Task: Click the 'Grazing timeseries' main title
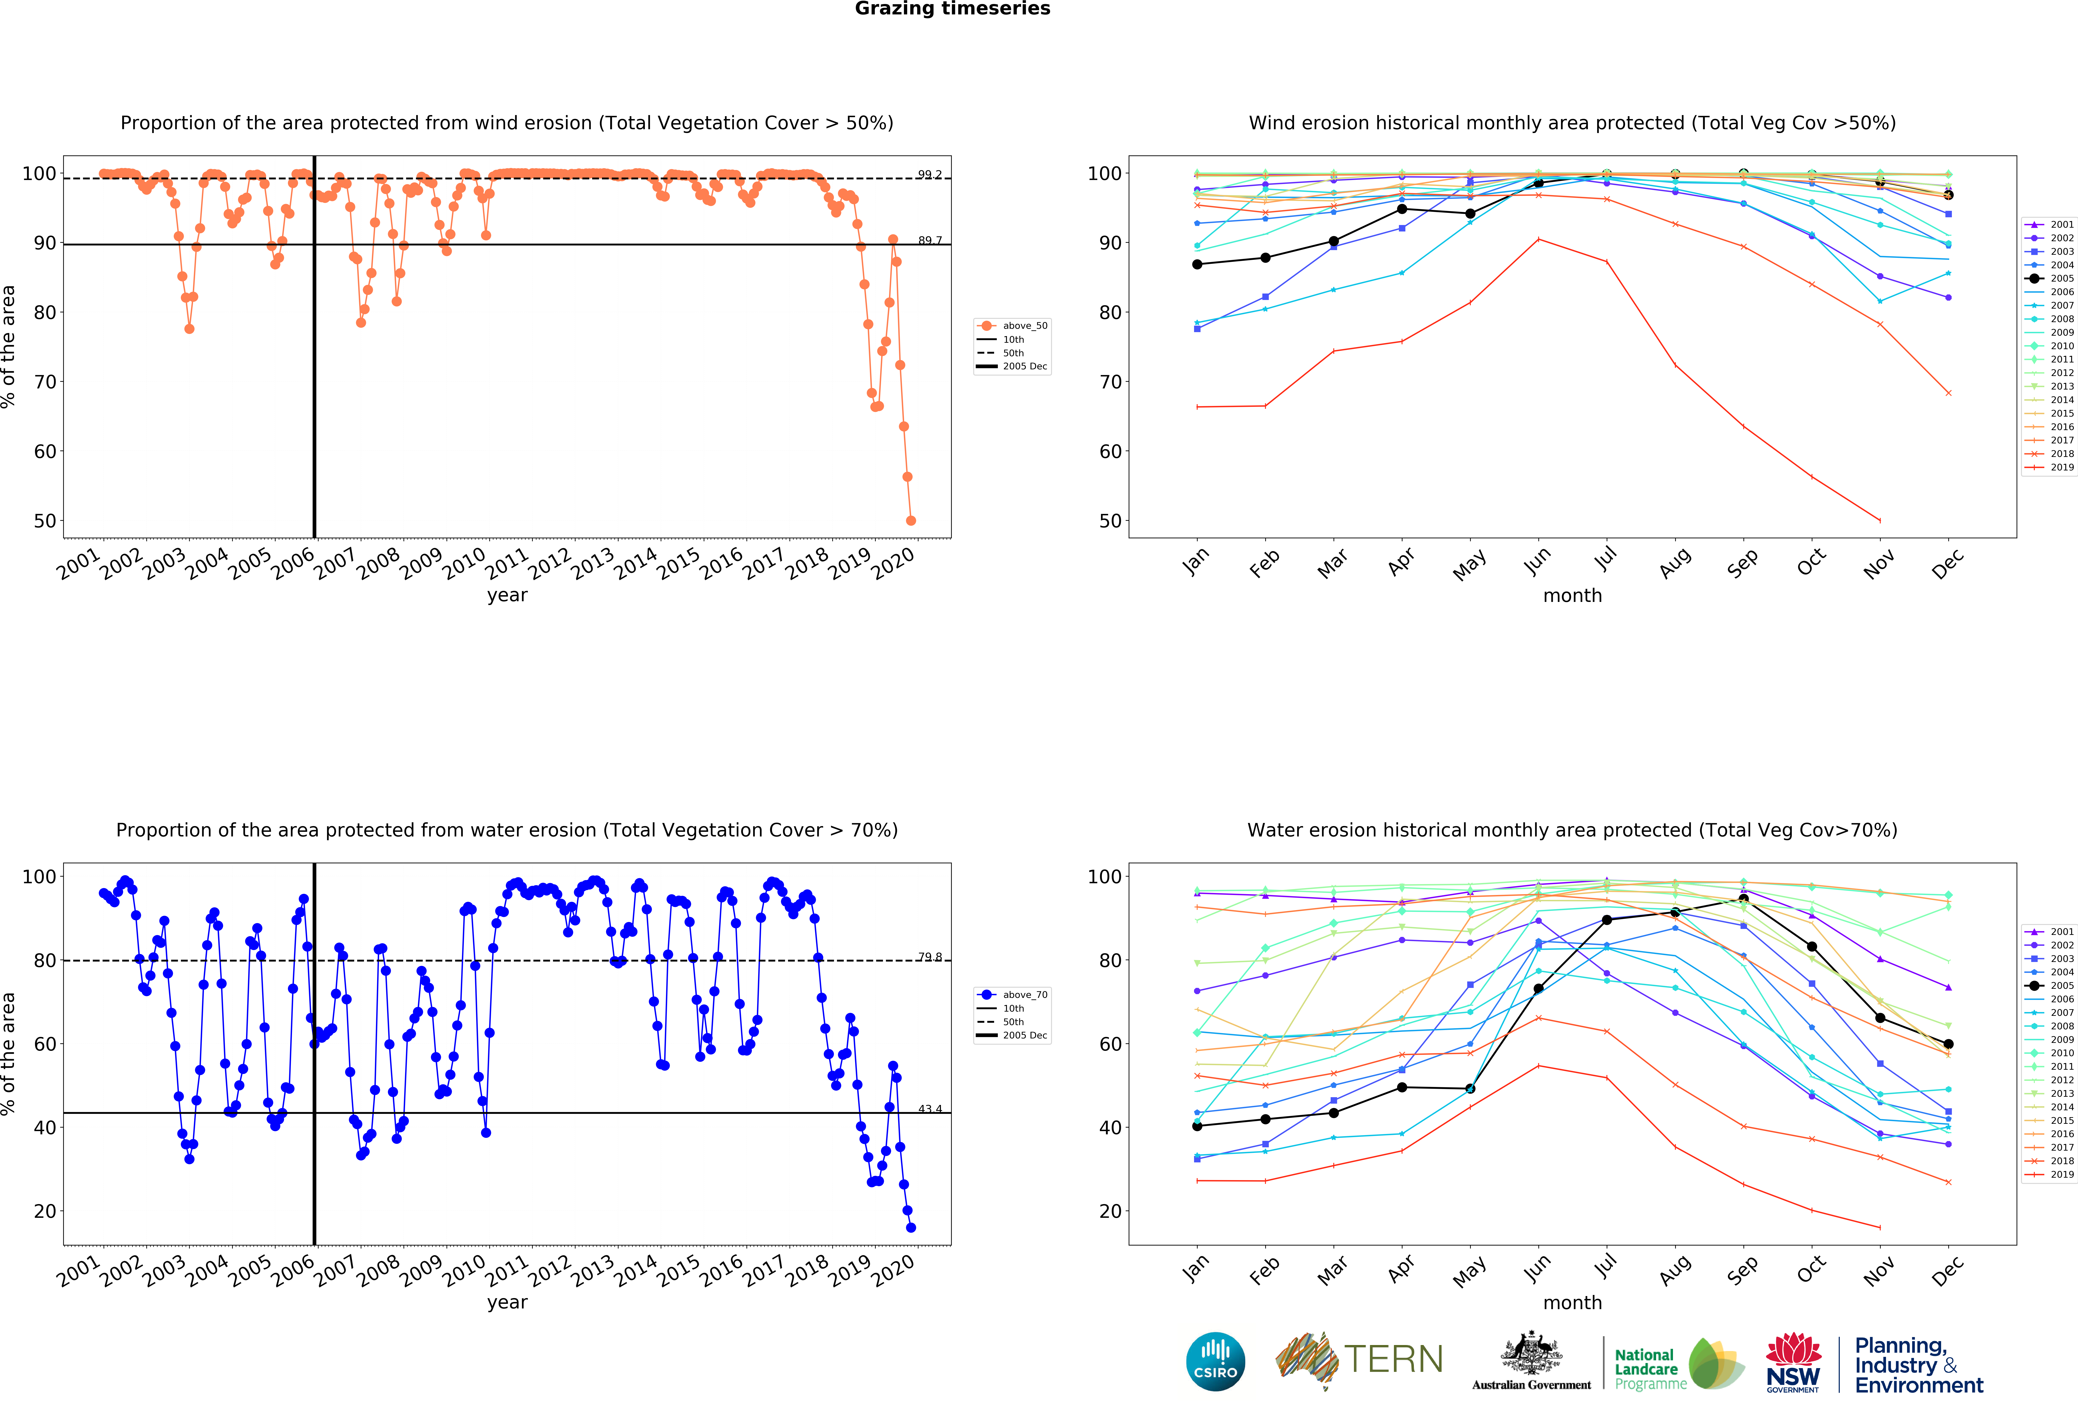[x=952, y=9]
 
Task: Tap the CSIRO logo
[x=1215, y=1361]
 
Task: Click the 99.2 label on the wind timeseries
[x=929, y=174]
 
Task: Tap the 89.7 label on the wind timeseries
[x=929, y=241]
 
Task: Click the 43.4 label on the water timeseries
[x=929, y=1109]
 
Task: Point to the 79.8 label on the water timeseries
[x=929, y=956]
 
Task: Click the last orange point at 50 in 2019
[x=910, y=520]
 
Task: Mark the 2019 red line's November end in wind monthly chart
[x=1880, y=520]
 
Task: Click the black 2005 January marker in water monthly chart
[x=1197, y=1126]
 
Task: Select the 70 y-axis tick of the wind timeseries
[x=45, y=382]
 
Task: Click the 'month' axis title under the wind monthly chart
[x=1572, y=595]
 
